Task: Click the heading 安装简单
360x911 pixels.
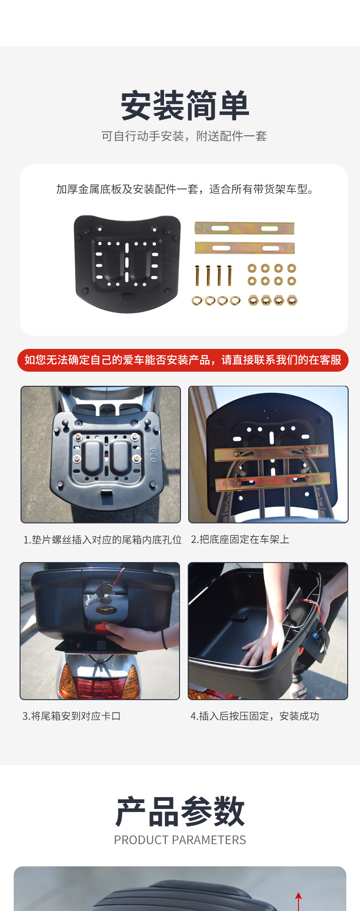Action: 185,106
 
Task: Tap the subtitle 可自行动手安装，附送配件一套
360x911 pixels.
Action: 184,136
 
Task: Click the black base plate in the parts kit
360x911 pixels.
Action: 127,264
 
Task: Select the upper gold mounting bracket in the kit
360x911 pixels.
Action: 244,228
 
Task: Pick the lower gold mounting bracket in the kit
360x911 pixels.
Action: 245,248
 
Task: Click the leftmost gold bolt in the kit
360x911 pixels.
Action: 197,275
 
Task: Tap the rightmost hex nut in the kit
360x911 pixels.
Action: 292,300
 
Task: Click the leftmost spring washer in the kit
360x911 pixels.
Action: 197,301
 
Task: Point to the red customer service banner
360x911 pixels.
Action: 183,360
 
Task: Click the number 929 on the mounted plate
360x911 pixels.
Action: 154,455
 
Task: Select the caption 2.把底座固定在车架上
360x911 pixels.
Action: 240,539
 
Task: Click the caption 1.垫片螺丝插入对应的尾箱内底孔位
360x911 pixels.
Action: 103,540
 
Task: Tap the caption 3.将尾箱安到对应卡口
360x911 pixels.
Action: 72,716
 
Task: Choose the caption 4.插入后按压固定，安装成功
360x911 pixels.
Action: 255,716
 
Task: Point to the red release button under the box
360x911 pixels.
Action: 101,628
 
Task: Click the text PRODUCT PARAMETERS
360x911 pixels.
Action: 180,840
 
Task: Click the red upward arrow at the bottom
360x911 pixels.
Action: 298,901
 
